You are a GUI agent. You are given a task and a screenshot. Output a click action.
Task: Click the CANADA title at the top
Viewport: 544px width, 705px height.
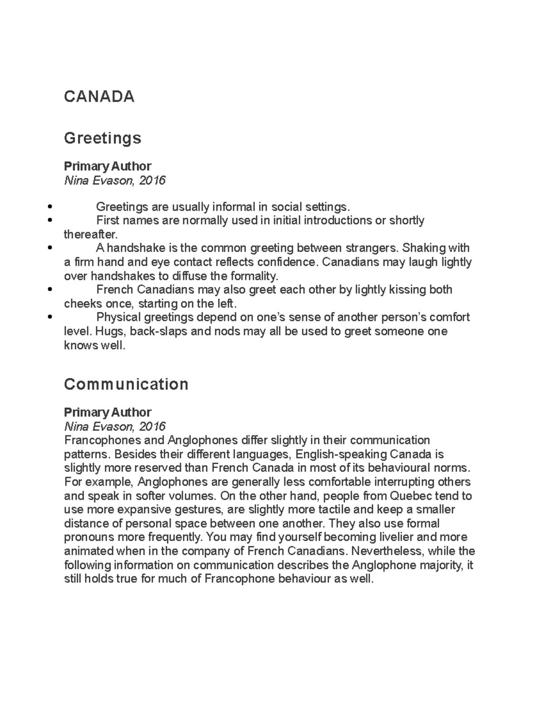(x=99, y=97)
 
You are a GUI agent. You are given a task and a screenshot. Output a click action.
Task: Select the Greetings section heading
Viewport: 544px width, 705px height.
(x=102, y=138)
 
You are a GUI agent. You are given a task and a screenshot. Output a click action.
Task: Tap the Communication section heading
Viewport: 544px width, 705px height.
(x=126, y=385)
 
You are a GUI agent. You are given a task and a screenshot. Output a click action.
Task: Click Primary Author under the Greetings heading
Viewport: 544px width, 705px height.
(x=107, y=166)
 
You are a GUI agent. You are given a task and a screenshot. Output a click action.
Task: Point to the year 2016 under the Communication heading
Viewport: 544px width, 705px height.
(x=152, y=426)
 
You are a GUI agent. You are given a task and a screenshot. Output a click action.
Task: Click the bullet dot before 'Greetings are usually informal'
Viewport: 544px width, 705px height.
(x=49, y=207)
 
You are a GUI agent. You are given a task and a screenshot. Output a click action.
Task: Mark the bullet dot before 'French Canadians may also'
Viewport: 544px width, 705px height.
(x=49, y=290)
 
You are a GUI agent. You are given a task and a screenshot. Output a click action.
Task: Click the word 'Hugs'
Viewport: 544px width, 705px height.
(x=112, y=331)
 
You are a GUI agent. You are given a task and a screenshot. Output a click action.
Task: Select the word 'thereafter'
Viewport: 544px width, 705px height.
(x=90, y=235)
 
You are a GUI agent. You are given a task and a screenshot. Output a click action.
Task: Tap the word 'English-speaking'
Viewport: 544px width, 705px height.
(x=341, y=454)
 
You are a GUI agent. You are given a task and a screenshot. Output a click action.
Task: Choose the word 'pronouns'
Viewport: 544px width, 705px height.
(x=89, y=537)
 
